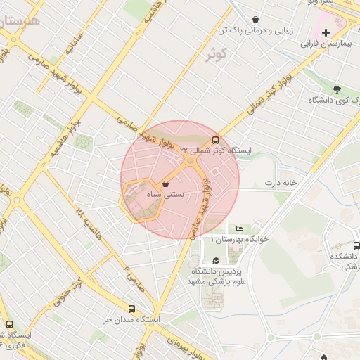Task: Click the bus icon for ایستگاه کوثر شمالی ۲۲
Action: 215,139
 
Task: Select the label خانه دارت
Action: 281,184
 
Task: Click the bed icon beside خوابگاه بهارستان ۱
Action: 239,229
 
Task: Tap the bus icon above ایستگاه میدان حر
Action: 132,309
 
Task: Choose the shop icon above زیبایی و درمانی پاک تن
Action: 255,19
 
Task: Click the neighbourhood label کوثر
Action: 217,53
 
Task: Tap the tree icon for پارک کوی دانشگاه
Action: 337,89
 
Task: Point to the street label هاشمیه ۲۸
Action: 89,221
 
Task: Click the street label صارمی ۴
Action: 130,276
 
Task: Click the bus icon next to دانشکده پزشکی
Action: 356,246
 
